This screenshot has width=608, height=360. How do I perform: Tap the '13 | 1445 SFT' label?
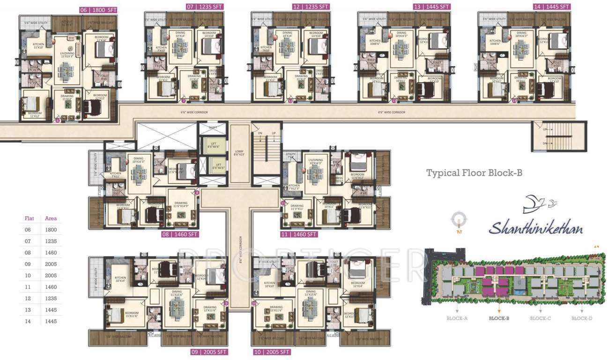pos(431,7)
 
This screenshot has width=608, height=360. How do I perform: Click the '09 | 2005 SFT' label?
pos(209,352)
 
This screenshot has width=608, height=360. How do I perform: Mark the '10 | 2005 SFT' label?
pos(271,352)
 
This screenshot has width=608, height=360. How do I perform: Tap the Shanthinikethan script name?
pos(536,229)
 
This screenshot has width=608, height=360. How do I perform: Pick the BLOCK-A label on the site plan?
pos(457,318)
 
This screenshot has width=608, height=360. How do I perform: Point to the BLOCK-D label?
pos(582,318)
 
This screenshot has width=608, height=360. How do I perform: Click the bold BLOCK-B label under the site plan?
pos(499,318)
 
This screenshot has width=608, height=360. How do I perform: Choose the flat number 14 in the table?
pos(29,322)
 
